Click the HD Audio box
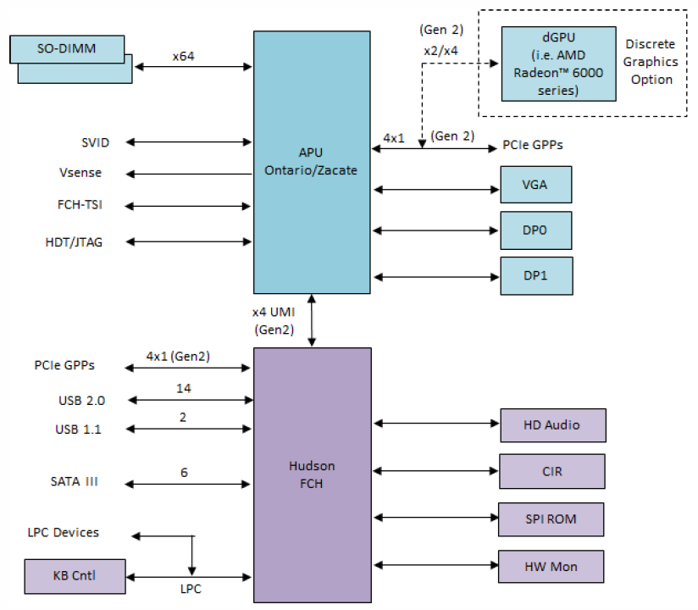[552, 424]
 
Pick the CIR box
[552, 471]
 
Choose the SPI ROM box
[552, 518]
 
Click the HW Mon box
[552, 565]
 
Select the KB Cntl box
[75, 576]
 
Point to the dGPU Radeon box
[558, 64]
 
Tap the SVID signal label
[96, 141]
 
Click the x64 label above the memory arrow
[185, 57]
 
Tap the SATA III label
[75, 482]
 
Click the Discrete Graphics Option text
[651, 62]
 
